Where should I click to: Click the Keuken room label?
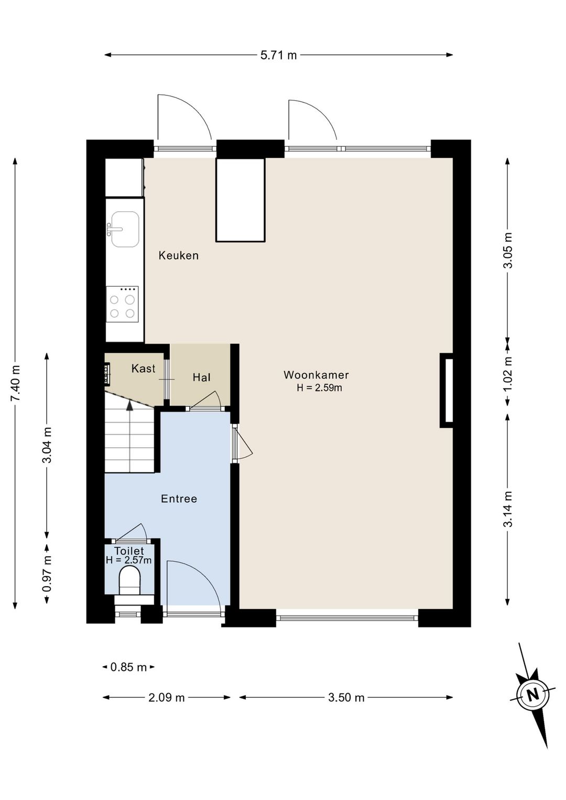coord(179,256)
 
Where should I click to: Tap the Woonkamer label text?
coord(316,375)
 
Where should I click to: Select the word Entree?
coord(179,499)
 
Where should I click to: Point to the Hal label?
coord(201,377)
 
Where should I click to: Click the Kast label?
coord(143,369)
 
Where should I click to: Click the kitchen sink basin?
coord(125,229)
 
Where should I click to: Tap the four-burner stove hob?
coord(122,304)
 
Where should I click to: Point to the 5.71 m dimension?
coord(278,56)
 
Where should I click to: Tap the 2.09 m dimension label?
coord(167,697)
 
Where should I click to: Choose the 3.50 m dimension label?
coord(346,697)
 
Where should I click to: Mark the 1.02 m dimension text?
coord(508,374)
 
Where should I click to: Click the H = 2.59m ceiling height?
coord(319,388)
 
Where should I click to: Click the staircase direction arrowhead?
coord(129,405)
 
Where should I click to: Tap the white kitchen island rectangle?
coord(241,200)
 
